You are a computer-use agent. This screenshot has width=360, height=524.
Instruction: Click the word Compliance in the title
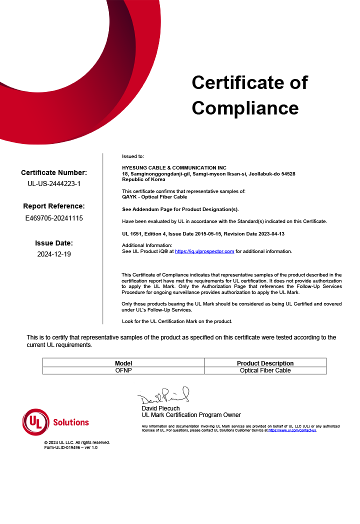coord(245,108)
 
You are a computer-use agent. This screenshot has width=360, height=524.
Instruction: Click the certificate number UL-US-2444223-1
coord(54,183)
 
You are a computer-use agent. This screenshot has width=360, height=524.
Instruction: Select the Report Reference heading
coord(54,206)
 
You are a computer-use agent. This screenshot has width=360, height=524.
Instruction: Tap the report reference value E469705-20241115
coord(54,218)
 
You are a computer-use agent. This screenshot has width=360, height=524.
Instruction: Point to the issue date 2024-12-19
coord(54,254)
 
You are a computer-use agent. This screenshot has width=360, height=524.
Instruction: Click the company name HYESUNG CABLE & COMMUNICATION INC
coord(174,167)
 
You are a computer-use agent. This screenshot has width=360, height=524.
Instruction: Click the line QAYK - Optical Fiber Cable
coord(154,196)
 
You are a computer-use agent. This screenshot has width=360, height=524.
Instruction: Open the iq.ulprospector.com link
coord(204,251)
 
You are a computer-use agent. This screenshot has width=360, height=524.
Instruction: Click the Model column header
coord(123,363)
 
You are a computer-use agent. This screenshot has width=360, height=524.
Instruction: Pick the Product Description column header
coord(265,363)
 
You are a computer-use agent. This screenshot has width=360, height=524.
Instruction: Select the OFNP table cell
coord(123,370)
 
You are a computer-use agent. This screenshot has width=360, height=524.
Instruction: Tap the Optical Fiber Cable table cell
coord(265,370)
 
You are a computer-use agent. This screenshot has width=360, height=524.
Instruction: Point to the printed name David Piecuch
coord(160,408)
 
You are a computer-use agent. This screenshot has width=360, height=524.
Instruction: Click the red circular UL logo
coord(36,422)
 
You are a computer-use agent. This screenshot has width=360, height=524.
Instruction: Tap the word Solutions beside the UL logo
coord(71,422)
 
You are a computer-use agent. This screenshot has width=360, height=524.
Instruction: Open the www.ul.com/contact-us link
coord(292,430)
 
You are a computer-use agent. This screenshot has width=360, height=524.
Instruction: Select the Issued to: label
coord(133,156)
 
